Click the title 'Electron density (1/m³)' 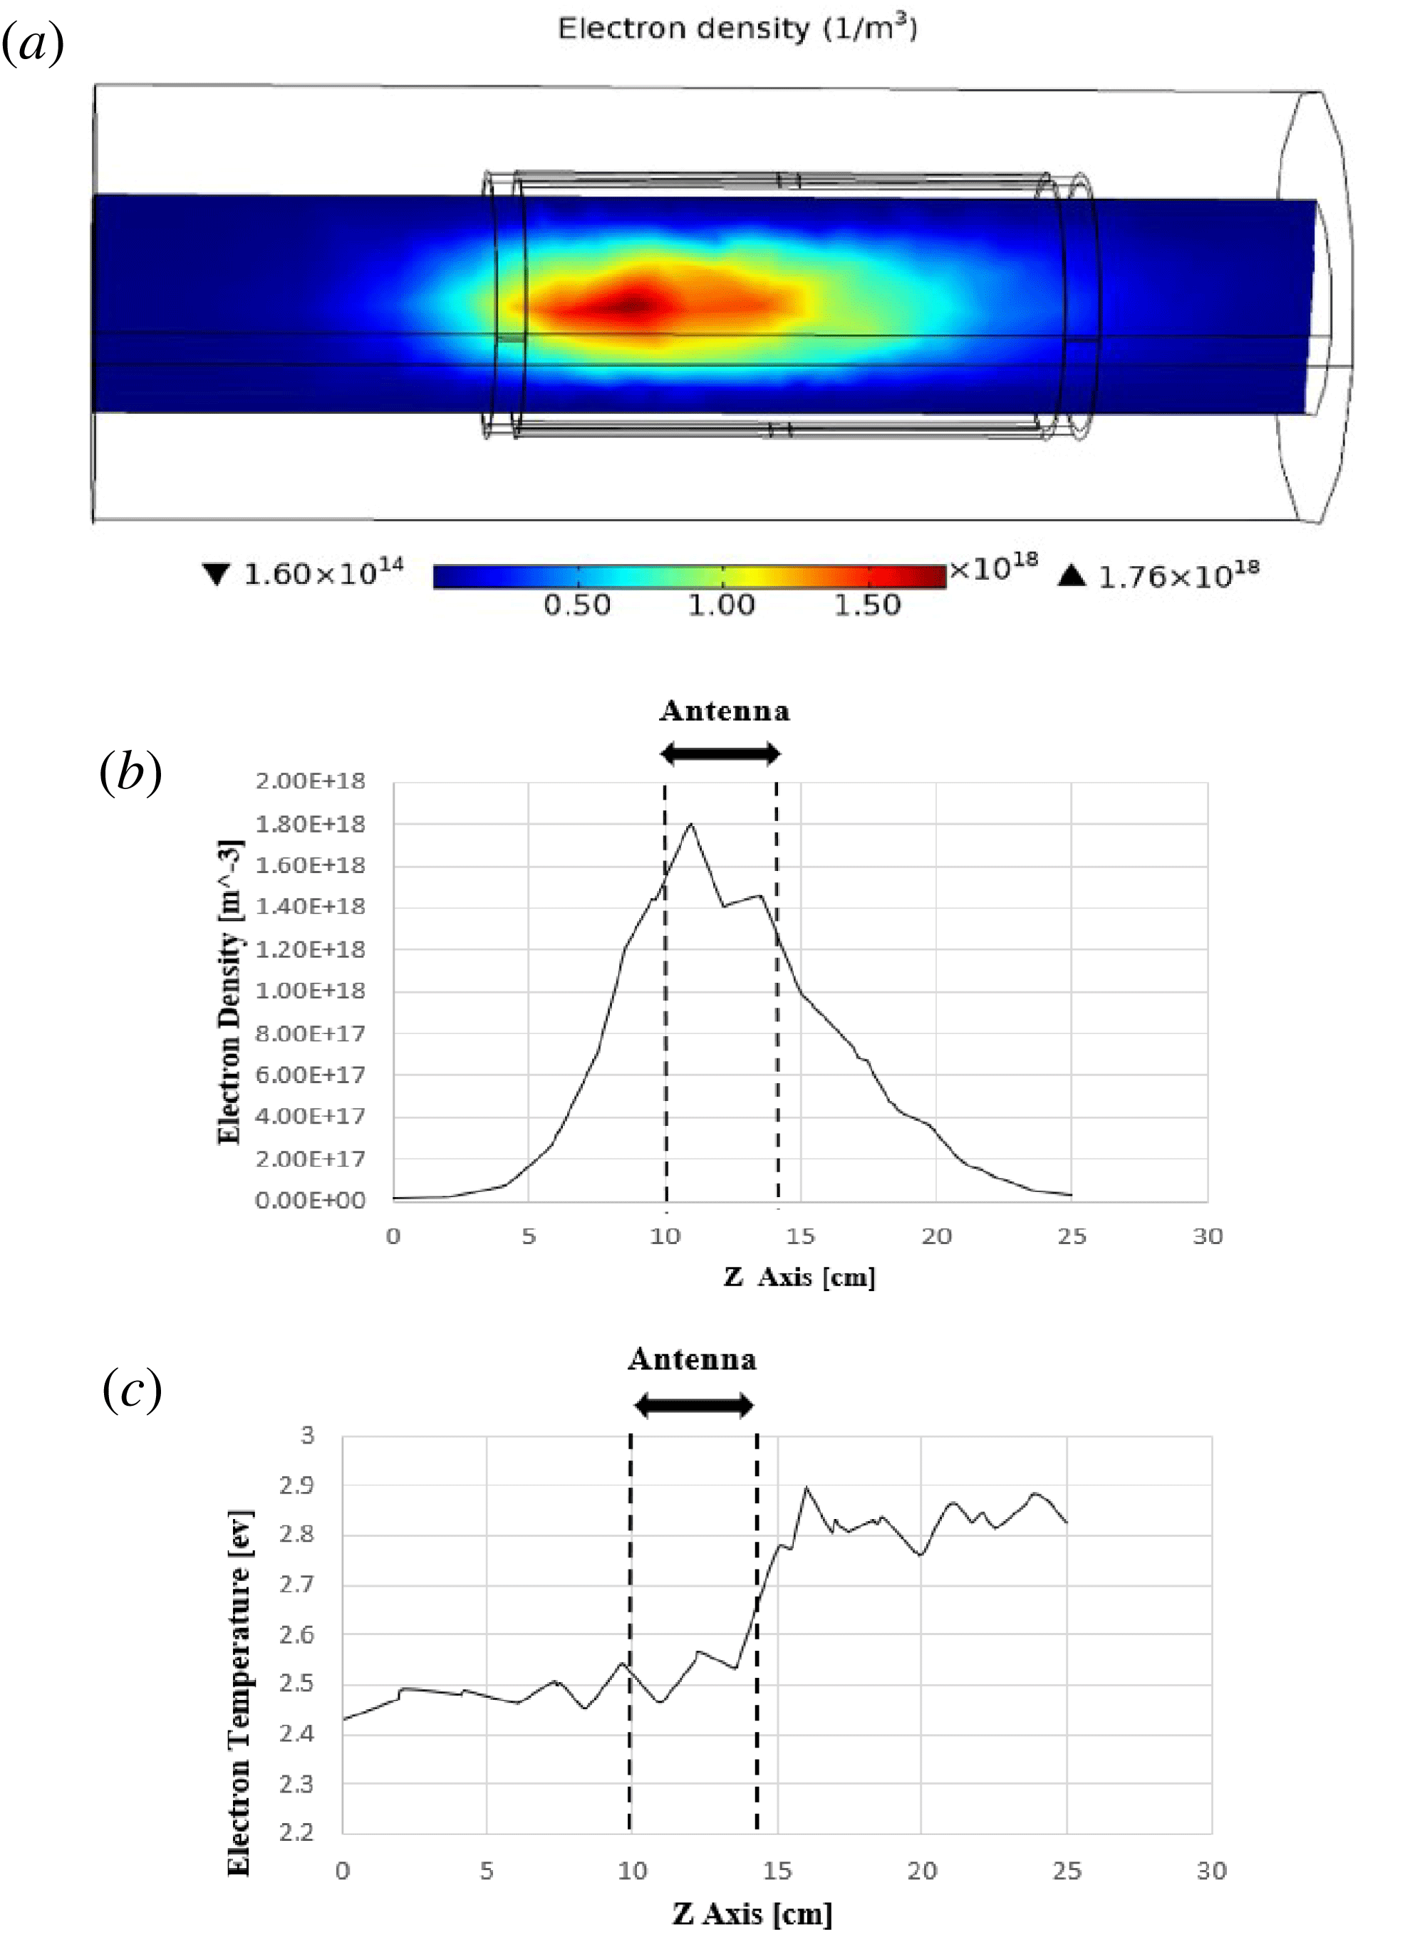[737, 28]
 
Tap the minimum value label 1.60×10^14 [322, 573]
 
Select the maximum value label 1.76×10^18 [1177, 575]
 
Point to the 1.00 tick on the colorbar [722, 605]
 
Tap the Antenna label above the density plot [724, 711]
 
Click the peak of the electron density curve [691, 825]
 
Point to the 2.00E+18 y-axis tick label [311, 782]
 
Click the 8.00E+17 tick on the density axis [311, 1033]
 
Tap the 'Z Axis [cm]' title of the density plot [799, 1277]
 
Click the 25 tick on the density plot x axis [1072, 1236]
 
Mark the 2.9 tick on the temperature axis [296, 1486]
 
